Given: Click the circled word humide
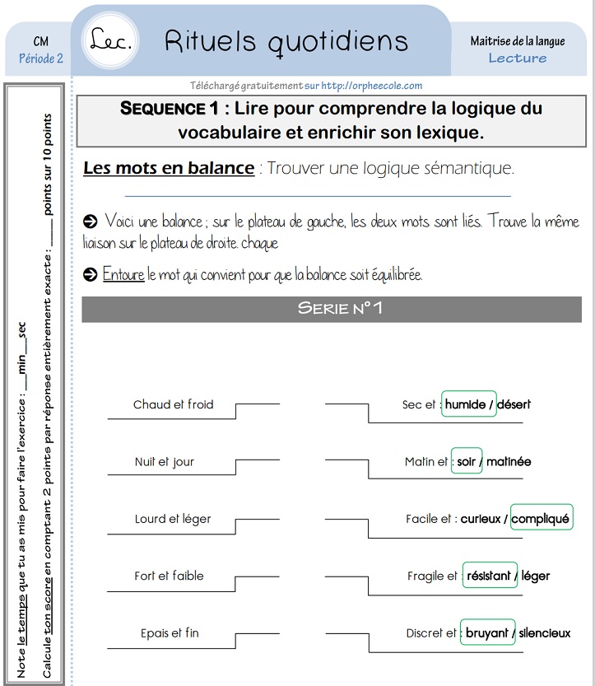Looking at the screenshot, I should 466,404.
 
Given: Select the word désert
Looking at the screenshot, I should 514,404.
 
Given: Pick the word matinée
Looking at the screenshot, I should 509,462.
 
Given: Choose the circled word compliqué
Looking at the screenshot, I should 541,519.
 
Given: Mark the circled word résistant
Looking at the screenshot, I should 489,576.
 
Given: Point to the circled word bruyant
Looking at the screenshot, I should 487,633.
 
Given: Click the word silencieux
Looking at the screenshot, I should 545,633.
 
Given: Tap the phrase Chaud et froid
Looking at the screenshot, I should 173,404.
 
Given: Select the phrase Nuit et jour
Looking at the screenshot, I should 165,462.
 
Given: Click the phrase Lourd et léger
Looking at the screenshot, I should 173,519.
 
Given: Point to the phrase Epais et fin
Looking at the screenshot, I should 170,633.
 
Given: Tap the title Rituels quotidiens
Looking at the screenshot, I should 286,40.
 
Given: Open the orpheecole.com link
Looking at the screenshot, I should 371,86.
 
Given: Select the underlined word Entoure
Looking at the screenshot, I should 123,275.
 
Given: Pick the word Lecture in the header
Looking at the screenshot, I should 518,58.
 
